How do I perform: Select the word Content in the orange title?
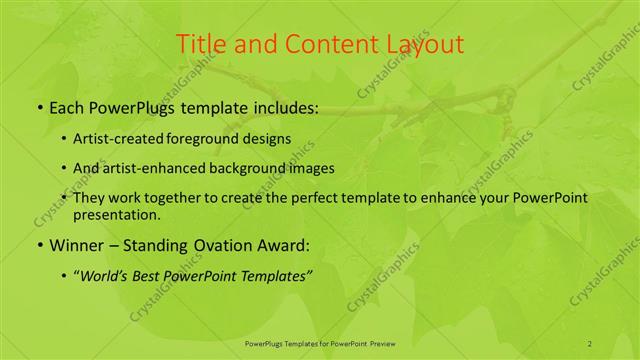tap(323, 44)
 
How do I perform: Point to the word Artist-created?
tap(113, 139)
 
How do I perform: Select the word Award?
tap(282, 245)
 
